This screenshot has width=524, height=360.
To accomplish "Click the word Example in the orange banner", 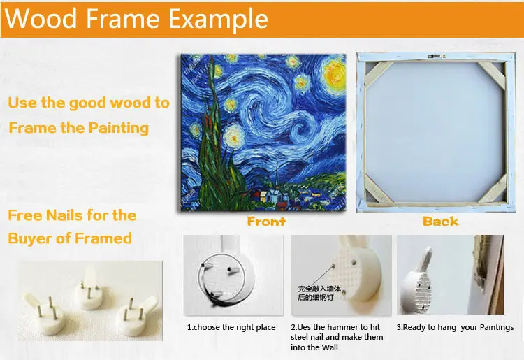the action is click(218, 20).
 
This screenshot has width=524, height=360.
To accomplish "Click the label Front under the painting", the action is click(266, 222).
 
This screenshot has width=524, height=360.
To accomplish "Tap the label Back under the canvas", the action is click(440, 222).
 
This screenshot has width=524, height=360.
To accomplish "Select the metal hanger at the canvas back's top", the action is click(436, 56).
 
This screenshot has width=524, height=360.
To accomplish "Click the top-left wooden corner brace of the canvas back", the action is click(377, 74).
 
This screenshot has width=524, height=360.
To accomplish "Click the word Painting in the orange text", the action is click(119, 129).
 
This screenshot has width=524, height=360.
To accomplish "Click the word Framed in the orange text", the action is click(103, 238).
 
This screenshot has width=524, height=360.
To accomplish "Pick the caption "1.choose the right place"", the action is click(231, 327).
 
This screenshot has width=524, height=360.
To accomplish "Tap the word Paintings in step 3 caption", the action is click(497, 328).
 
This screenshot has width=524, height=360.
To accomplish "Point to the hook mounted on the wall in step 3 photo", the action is click(418, 281).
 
